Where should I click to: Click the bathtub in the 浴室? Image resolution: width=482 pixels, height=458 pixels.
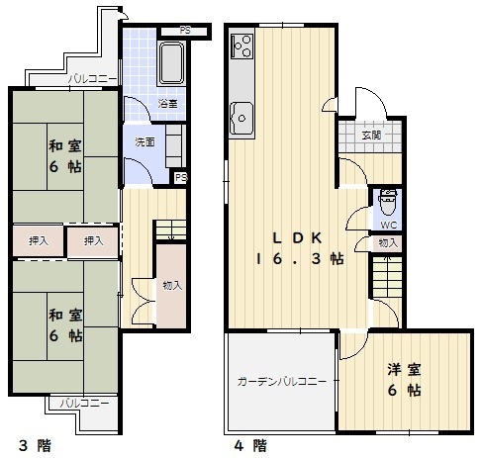[x=171, y=62]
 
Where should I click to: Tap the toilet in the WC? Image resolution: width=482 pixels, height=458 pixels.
[x=388, y=202]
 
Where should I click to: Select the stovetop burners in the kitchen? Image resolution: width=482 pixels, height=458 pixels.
[x=242, y=46]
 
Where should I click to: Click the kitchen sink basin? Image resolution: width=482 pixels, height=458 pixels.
[x=241, y=118]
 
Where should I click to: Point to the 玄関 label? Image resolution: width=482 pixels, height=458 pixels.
[x=371, y=136]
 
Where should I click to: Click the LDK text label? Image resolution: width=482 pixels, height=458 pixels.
[x=297, y=238]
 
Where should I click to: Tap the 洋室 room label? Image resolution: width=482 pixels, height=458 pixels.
[x=404, y=370]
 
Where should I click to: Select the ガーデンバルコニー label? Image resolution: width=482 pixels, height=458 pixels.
[x=282, y=382]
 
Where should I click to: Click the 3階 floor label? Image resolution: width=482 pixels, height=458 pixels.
[x=36, y=446]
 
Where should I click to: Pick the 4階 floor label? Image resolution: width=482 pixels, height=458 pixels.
[x=250, y=446]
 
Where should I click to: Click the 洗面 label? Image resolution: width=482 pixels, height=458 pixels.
[x=145, y=142]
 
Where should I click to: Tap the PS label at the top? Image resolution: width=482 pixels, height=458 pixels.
[x=185, y=31]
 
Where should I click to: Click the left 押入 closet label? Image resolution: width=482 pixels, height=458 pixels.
[x=39, y=241]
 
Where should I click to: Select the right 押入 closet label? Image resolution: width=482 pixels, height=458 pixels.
[x=94, y=241]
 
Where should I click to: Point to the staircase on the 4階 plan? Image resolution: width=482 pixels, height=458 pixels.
[x=387, y=277]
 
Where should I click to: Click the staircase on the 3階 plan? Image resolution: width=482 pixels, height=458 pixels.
[x=171, y=229]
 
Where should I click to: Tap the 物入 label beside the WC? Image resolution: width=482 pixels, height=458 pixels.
[x=388, y=243]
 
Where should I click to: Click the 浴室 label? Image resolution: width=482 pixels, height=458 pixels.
[x=167, y=104]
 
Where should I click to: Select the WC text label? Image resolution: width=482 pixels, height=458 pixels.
[x=389, y=226]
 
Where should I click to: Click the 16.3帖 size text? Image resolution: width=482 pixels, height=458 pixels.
[x=300, y=259]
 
